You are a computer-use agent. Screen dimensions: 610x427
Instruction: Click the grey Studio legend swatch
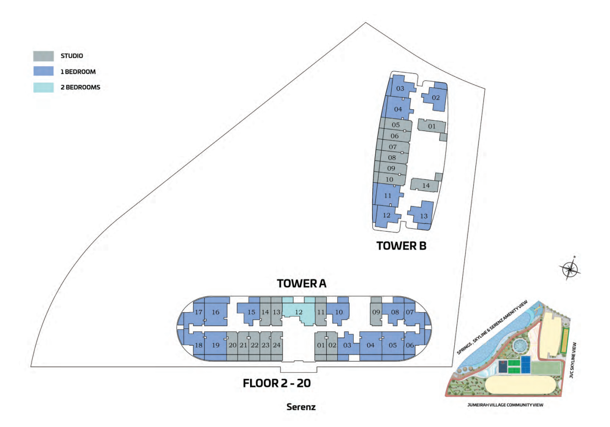44,56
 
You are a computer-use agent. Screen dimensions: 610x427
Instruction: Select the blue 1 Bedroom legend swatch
44,71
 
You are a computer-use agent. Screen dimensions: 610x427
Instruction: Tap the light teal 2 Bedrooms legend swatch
44,87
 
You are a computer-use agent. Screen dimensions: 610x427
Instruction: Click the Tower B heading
401,246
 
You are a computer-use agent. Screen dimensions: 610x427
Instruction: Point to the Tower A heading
301,284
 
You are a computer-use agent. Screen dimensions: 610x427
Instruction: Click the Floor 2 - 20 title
277,383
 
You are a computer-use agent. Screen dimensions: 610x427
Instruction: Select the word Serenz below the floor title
301,407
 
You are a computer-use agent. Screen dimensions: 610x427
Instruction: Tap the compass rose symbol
570,269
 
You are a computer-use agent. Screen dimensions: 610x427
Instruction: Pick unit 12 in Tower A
299,312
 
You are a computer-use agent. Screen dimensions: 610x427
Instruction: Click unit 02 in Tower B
435,97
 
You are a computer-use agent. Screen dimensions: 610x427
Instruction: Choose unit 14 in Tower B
426,185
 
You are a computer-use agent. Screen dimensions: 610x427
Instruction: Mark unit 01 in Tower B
432,127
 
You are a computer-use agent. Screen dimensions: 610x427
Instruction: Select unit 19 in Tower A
215,345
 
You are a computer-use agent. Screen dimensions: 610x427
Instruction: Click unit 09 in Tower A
376,312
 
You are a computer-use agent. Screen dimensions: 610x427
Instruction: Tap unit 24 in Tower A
277,345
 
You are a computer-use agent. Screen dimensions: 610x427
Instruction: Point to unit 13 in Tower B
421,216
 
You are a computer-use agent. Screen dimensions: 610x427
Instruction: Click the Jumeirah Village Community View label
505,405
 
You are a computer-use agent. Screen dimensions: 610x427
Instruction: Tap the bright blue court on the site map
526,365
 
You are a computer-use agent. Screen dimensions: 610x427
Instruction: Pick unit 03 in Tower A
347,345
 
